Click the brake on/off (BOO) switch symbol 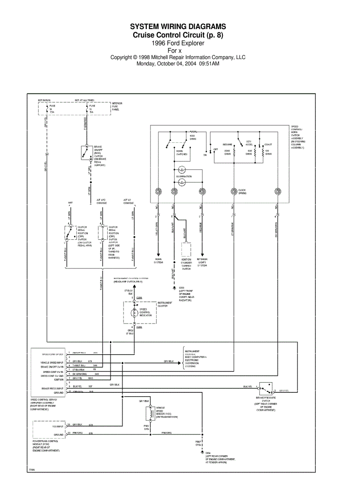[x=85, y=153]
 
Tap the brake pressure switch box [x=266, y=388]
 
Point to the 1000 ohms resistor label [x=193, y=137]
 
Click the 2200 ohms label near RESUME [x=228, y=153]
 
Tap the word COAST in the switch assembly [x=268, y=145]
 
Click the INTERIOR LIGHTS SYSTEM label [x=202, y=262]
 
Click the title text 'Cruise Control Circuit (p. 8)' [x=178, y=35]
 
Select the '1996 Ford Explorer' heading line [x=178, y=43]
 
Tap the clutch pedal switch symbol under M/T [x=70, y=233]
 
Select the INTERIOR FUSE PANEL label [x=117, y=106]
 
